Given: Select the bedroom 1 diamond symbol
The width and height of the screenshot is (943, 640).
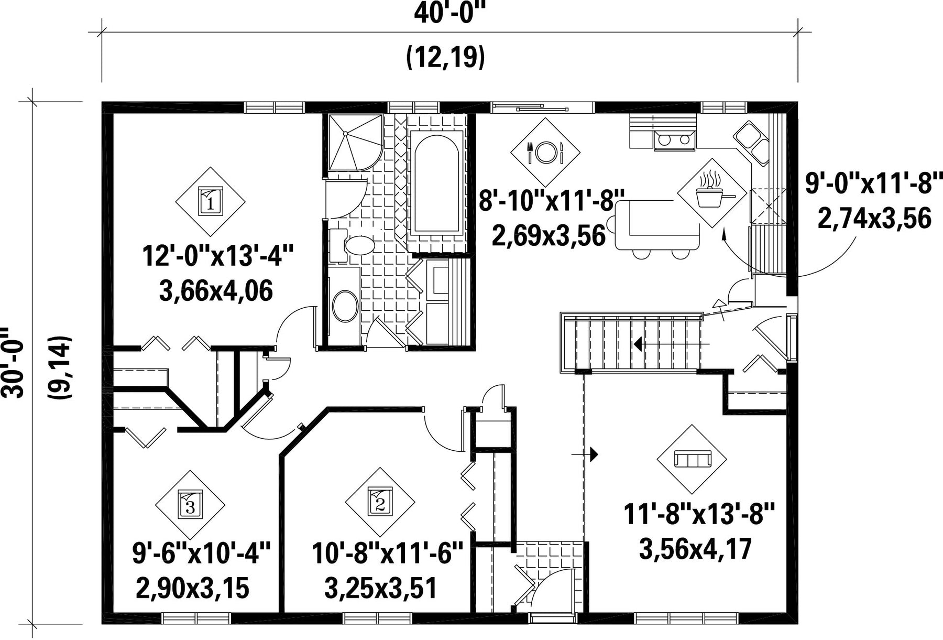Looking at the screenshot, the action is click(x=210, y=201).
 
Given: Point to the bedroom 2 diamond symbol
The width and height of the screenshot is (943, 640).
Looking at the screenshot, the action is click(x=380, y=502).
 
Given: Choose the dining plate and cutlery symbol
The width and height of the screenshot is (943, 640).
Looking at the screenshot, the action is click(x=545, y=152).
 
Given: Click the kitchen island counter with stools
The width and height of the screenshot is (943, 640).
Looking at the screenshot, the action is click(x=657, y=225).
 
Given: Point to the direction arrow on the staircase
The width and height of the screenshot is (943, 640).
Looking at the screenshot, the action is click(x=672, y=344).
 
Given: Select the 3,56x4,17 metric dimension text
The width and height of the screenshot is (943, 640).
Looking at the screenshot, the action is click(x=696, y=549).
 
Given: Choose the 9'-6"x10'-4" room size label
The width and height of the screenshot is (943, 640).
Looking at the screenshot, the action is click(x=201, y=554).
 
